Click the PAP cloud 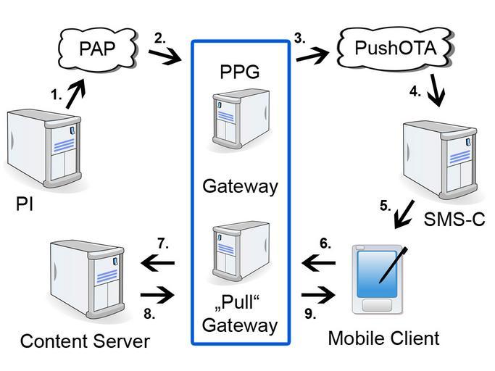click(x=98, y=49)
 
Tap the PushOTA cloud click(x=395, y=48)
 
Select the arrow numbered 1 click(x=76, y=93)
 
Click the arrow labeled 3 click(x=312, y=56)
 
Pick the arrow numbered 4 click(x=436, y=90)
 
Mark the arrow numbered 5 click(x=404, y=214)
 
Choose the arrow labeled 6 click(x=319, y=263)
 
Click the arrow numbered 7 click(x=158, y=263)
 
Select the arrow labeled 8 click(x=157, y=295)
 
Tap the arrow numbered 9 click(x=319, y=295)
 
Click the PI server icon click(x=44, y=149)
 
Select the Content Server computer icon click(x=87, y=279)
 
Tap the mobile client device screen click(x=377, y=274)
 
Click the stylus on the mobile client click(x=393, y=265)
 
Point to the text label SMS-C click(x=454, y=219)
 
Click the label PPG click(x=240, y=72)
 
